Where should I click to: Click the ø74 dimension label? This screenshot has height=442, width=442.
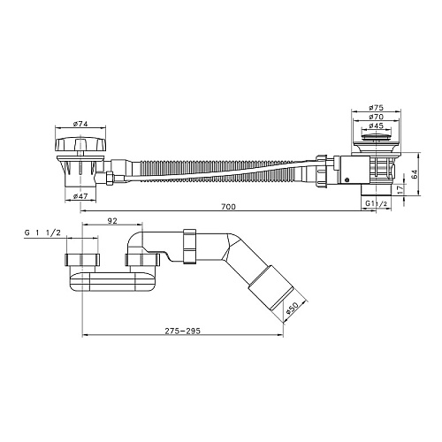click(x=80, y=124)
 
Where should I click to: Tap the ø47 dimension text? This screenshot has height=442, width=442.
click(x=80, y=196)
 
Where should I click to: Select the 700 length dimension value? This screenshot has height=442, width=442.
click(x=228, y=207)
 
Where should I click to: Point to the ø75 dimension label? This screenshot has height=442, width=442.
click(x=377, y=108)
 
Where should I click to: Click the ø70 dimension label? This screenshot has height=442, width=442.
click(x=377, y=117)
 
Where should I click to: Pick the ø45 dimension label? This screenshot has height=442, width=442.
click(x=377, y=126)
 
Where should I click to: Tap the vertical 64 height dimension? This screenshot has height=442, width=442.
click(x=415, y=174)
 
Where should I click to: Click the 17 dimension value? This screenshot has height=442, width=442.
click(x=400, y=190)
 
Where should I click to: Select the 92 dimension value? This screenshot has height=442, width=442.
click(x=112, y=221)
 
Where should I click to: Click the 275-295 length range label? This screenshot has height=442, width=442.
click(x=182, y=331)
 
